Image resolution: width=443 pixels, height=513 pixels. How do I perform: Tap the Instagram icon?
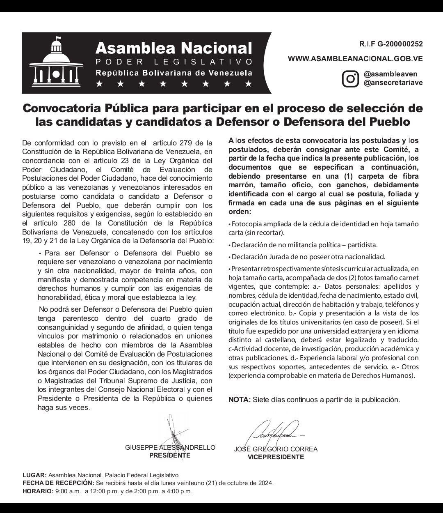click(x=351, y=78)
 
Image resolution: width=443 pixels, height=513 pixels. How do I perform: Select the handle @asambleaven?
click(x=390, y=74)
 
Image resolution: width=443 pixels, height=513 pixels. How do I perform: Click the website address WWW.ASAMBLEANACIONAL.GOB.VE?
click(x=355, y=59)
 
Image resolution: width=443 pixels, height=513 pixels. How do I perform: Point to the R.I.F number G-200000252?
click(x=391, y=44)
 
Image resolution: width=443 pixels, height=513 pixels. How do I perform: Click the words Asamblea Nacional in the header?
click(x=173, y=48)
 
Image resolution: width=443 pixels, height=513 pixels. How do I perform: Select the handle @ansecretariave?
click(x=393, y=83)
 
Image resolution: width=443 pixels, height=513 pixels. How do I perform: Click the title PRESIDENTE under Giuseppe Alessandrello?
click(x=169, y=455)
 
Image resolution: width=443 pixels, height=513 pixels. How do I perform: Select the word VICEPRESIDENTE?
click(x=276, y=457)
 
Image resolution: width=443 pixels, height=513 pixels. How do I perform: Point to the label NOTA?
click(x=239, y=400)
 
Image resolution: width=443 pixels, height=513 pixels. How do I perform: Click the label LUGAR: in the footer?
click(x=35, y=475)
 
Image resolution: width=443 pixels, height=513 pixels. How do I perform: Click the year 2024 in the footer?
click(x=265, y=483)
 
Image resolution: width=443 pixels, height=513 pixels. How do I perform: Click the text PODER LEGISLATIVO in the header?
click(x=174, y=62)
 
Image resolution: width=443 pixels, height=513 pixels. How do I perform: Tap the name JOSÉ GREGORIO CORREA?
click(x=276, y=449)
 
